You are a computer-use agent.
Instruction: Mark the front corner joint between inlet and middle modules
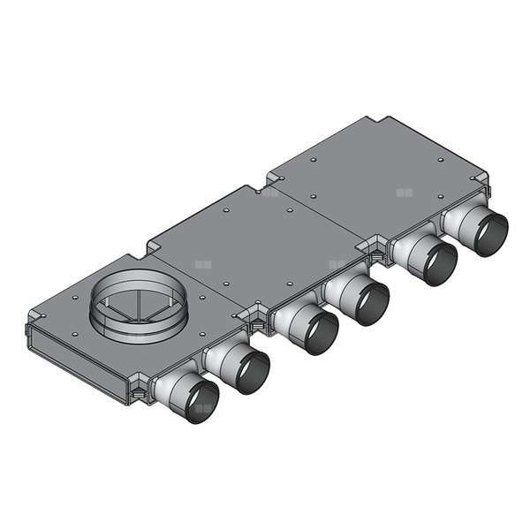point(256,316)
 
